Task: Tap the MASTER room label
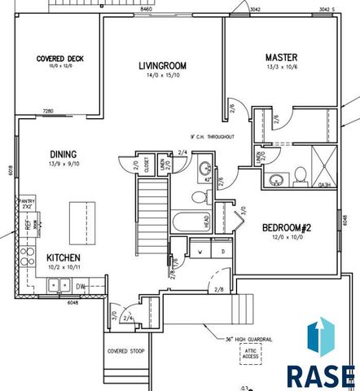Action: (x=281, y=57)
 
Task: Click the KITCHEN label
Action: (x=62, y=257)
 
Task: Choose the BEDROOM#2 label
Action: (x=283, y=229)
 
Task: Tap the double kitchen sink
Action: (x=59, y=285)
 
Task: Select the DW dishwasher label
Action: (x=81, y=286)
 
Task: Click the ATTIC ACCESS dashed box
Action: (x=249, y=353)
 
